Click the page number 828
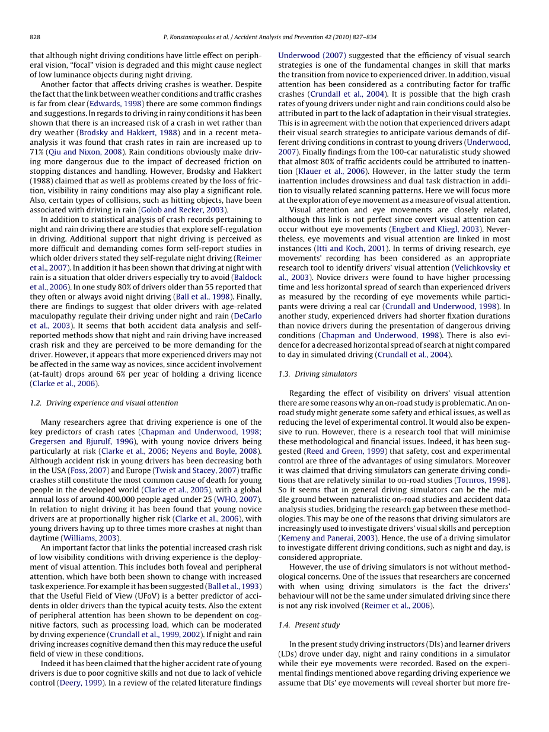35,37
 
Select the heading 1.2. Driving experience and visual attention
104,403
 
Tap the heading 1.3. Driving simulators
318,374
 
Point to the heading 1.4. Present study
309,625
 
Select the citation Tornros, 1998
481,480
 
